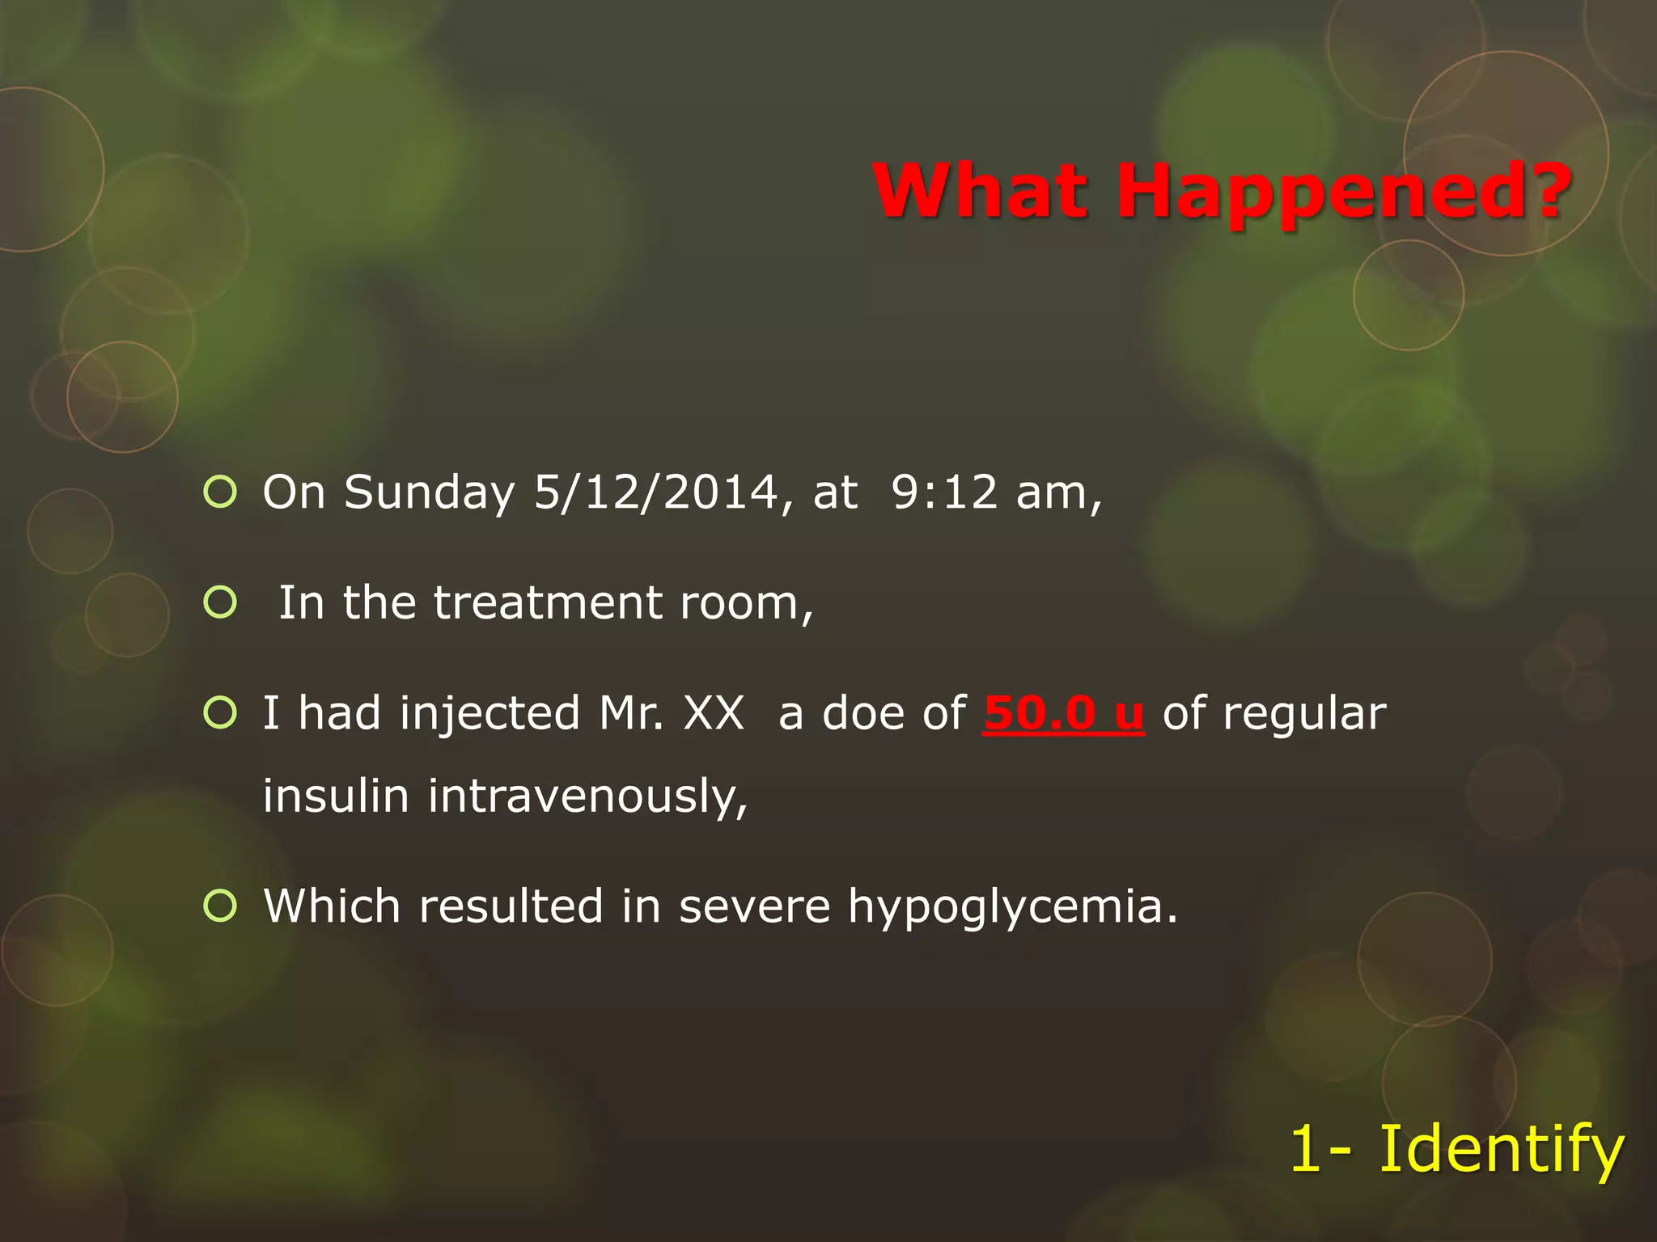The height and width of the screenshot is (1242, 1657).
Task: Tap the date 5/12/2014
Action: [x=655, y=492]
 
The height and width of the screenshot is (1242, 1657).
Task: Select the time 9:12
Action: [x=944, y=492]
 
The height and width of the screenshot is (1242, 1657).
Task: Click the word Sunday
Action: [x=429, y=493]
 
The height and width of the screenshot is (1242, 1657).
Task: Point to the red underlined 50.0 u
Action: [x=1063, y=713]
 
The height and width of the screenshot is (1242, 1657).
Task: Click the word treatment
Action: [x=548, y=602]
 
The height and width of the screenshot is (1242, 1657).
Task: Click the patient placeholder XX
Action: [x=713, y=713]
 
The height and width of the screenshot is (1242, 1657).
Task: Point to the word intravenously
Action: [x=587, y=796]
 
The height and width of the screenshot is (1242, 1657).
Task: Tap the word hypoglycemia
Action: [x=1011, y=906]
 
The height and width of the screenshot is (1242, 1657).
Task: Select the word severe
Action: [x=754, y=906]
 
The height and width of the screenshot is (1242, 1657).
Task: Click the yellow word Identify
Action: [x=1501, y=1149]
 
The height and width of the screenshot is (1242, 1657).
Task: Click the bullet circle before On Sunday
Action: [x=220, y=492]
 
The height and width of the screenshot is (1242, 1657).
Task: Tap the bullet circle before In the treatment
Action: [x=220, y=602]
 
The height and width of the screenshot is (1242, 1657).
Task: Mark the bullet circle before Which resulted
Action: [x=220, y=906]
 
